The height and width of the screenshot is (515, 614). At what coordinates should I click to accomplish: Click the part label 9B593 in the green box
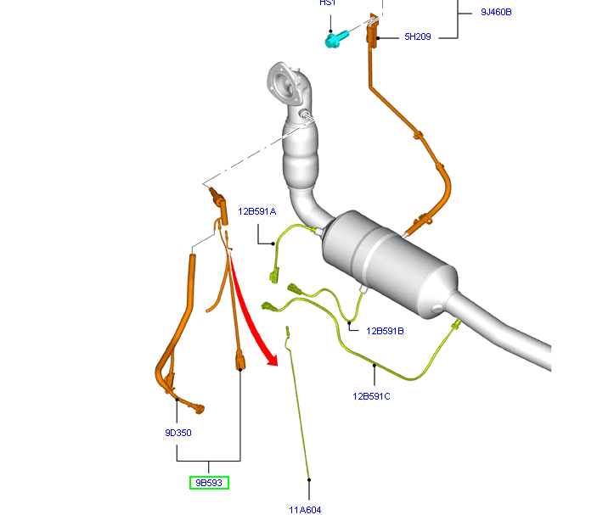(208, 483)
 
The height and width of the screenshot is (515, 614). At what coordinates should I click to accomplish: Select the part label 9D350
(178, 433)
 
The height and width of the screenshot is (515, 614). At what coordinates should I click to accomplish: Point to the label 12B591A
(257, 211)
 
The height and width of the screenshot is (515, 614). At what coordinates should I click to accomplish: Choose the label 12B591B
(385, 331)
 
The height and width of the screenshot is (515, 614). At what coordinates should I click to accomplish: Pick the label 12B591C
(373, 395)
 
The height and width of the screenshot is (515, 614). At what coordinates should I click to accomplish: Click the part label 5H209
(418, 37)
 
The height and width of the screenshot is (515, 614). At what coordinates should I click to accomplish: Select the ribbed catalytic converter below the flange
(306, 157)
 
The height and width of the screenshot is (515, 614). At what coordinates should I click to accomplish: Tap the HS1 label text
(327, 3)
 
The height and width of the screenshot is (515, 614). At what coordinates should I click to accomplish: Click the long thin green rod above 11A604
(298, 407)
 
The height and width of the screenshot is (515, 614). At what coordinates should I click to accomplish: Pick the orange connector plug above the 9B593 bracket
(240, 362)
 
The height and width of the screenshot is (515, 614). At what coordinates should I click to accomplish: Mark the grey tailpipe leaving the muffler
(510, 335)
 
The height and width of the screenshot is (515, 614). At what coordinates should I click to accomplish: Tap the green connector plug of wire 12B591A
(273, 274)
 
